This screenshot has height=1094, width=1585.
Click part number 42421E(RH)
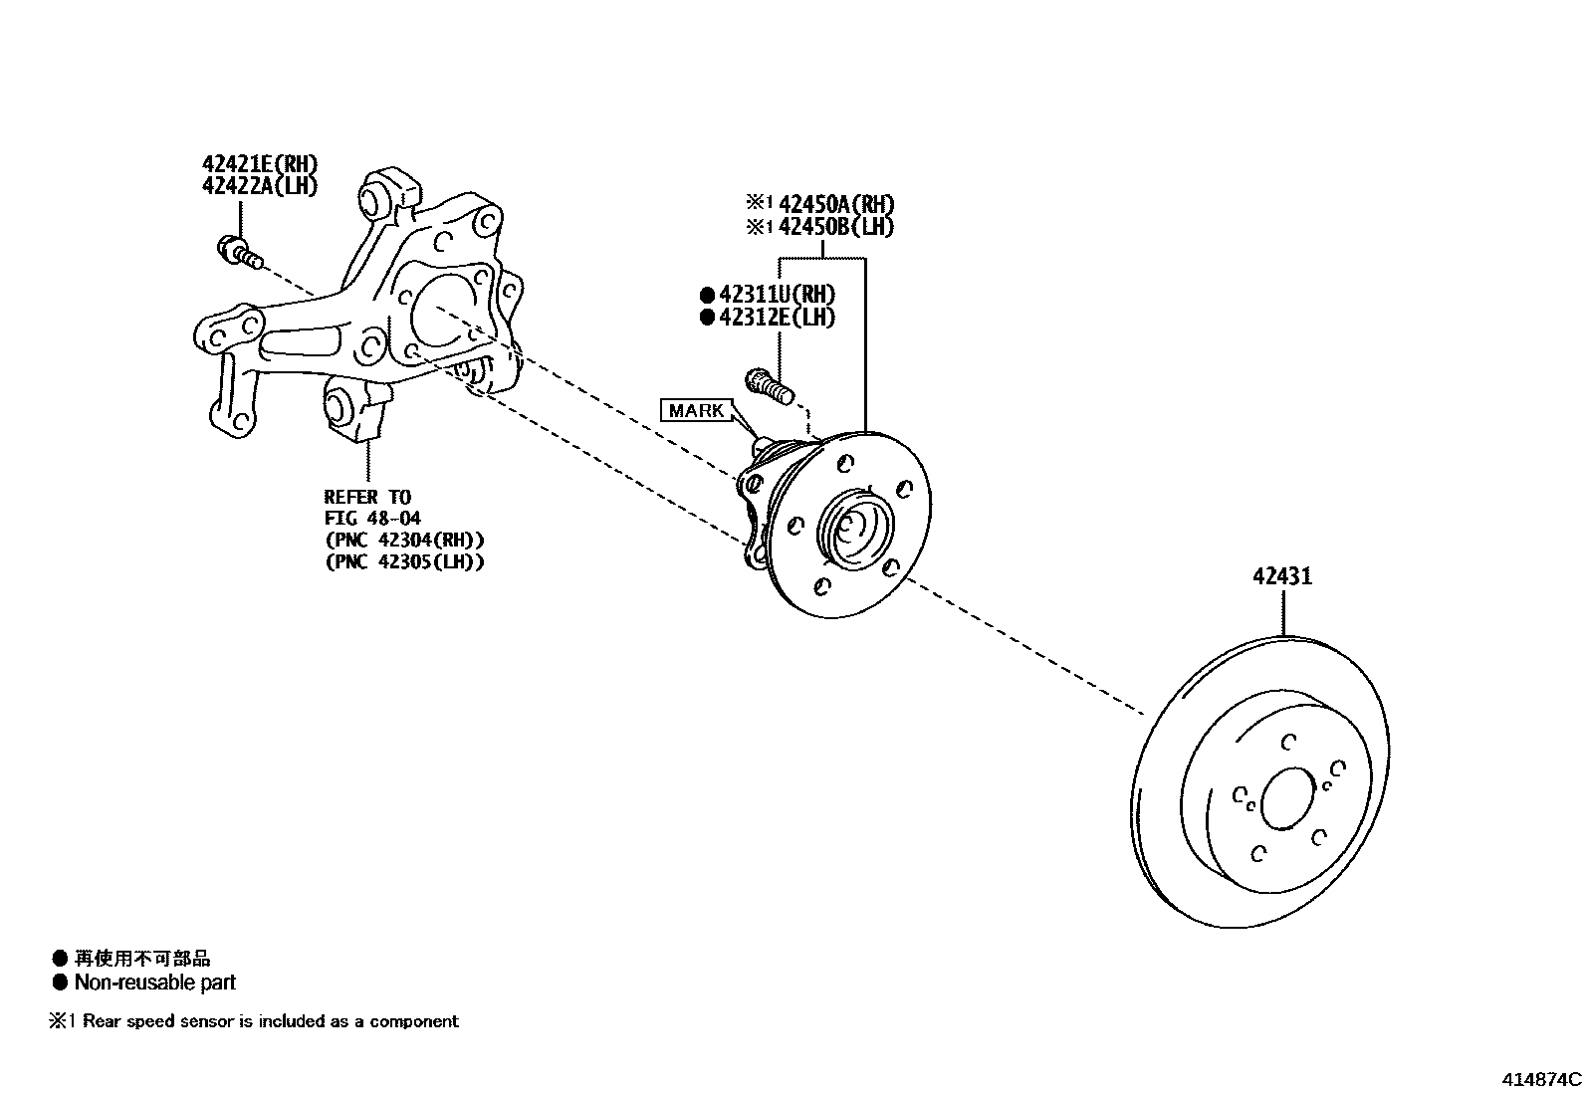(260, 164)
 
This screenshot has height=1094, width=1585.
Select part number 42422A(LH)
(260, 185)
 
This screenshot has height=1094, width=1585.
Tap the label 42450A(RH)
(835, 204)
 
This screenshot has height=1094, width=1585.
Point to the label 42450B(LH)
(835, 226)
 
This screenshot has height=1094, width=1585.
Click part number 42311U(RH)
(777, 295)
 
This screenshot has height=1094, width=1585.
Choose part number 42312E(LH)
(777, 318)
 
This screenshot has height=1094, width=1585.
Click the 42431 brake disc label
(1282, 576)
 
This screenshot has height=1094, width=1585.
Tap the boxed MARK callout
(696, 410)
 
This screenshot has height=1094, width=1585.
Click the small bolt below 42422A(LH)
(240, 251)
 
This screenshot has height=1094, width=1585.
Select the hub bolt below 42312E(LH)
(770, 385)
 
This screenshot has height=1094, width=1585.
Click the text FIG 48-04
(372, 518)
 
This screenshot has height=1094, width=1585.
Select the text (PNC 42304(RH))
(404, 540)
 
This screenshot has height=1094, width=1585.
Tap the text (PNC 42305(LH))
(404, 561)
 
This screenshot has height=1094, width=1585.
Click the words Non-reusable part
(154, 983)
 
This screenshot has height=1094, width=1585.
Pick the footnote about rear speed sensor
(255, 1021)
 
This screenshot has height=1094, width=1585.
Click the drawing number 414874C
(1541, 1079)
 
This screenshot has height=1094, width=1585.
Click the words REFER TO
(366, 496)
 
